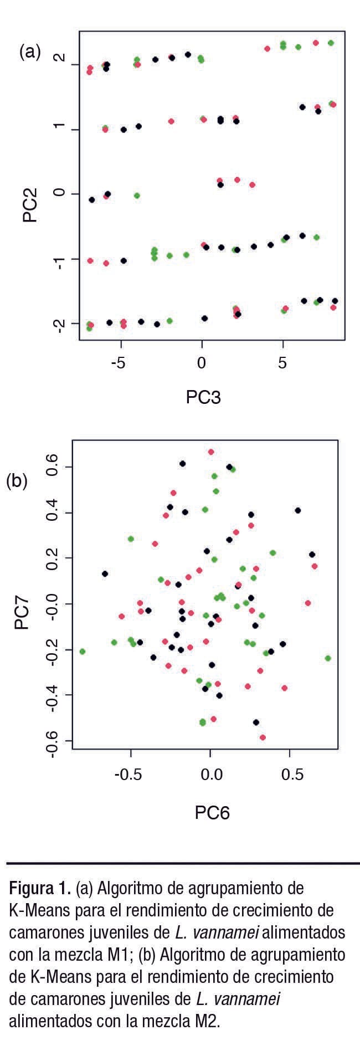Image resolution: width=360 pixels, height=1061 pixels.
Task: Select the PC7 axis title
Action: pyautogui.click(x=23, y=612)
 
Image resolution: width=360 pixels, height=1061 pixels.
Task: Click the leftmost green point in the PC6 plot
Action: pyautogui.click(x=83, y=652)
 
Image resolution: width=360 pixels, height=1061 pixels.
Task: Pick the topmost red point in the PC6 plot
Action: pyautogui.click(x=211, y=452)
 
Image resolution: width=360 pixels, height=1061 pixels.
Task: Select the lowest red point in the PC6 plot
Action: pyautogui.click(x=263, y=737)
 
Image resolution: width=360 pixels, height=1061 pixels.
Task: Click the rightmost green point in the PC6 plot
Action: pyautogui.click(x=328, y=658)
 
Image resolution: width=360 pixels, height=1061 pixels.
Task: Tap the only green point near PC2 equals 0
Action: pyautogui.click(x=137, y=196)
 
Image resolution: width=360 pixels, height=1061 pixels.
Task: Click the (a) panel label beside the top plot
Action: pyautogui.click(x=30, y=52)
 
